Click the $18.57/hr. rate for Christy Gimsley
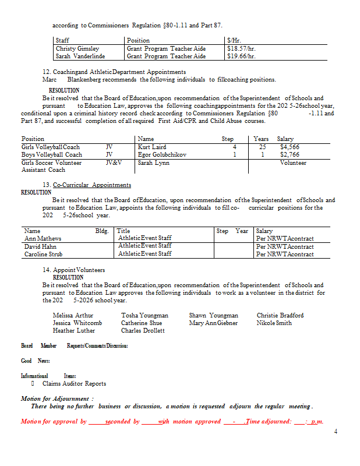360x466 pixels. point(241,49)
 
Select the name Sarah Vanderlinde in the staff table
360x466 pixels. point(80,57)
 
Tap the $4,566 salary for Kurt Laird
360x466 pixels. point(290,147)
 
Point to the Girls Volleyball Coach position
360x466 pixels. point(51,147)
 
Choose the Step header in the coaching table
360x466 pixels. point(228,139)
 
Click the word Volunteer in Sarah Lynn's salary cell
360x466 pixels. point(293,163)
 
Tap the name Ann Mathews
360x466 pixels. point(43,238)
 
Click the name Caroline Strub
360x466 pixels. point(44,254)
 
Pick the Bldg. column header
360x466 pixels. point(102,231)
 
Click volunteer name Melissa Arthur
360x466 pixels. point(73,315)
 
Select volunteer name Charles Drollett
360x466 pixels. point(143,330)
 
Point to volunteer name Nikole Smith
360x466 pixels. point(274,323)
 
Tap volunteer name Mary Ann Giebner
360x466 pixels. point(213,323)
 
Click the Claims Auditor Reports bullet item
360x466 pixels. point(74,384)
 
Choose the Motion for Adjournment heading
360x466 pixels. point(57,398)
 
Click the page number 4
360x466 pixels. point(336,431)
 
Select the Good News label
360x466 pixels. point(36,361)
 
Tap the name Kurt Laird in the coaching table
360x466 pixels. point(152,147)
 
